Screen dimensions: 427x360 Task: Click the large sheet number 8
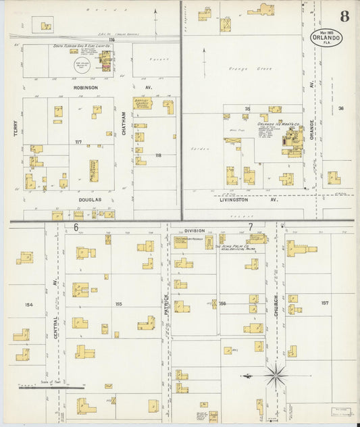tap(344, 16)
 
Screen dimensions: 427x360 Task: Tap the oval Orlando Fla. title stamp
tap(327, 38)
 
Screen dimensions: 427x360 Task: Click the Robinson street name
tap(86, 88)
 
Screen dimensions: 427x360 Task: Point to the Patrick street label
tap(165, 297)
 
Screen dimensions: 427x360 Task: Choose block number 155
tap(118, 305)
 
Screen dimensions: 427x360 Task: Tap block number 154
tap(28, 305)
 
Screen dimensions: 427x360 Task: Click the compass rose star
tap(276, 374)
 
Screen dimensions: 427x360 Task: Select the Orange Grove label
tap(233, 68)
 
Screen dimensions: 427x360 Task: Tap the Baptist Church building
tap(143, 103)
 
